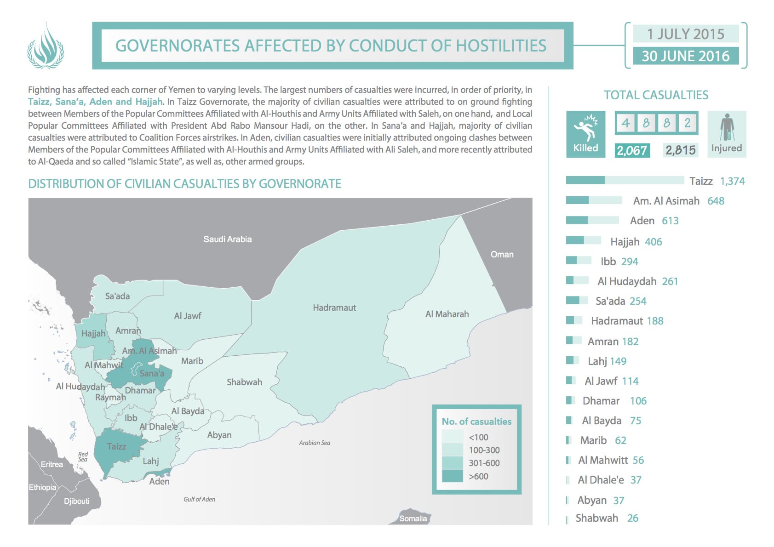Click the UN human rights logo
click(45, 46)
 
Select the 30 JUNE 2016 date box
click(685, 56)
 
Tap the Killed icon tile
click(585, 134)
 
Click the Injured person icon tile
click(727, 134)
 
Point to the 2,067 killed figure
click(632, 150)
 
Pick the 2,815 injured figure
click(680, 150)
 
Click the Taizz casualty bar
click(625, 180)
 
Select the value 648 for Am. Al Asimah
click(716, 201)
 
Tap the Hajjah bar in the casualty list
click(583, 240)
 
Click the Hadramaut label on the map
click(334, 308)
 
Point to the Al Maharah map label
click(447, 314)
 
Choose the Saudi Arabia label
click(228, 239)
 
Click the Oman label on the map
click(502, 254)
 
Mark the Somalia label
click(413, 519)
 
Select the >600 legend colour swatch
click(452, 476)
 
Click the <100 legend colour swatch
click(452, 437)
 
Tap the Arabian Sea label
click(315, 443)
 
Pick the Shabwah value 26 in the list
click(633, 518)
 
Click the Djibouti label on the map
click(77, 501)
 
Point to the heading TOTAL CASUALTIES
click(656, 95)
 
